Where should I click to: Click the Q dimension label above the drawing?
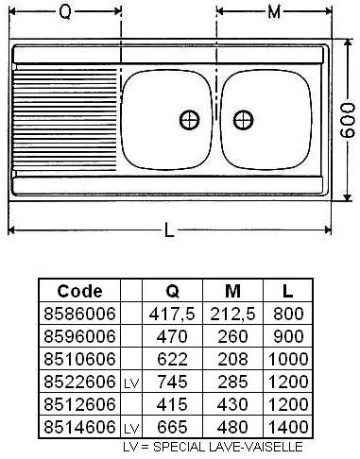click(x=65, y=12)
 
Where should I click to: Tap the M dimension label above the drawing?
click(x=274, y=12)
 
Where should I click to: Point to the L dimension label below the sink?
click(x=169, y=230)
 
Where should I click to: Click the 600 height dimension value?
click(x=348, y=120)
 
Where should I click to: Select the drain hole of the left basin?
click(x=189, y=120)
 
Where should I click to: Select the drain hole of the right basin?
click(x=243, y=120)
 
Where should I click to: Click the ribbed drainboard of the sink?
click(x=64, y=120)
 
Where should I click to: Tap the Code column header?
click(x=79, y=291)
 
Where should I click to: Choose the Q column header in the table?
click(x=172, y=291)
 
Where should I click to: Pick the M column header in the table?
click(x=232, y=291)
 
